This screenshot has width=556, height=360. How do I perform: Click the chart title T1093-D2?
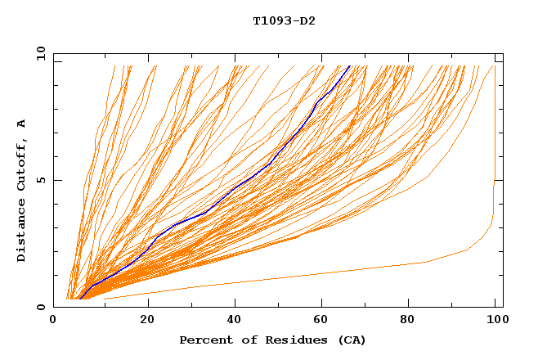[x=284, y=21]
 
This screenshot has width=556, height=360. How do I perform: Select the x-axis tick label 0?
[x=54, y=320]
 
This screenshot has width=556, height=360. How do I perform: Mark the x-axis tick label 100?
[x=495, y=320]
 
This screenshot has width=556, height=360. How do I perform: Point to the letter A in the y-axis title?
[x=21, y=124]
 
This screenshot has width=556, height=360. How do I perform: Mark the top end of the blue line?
[x=350, y=65]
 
